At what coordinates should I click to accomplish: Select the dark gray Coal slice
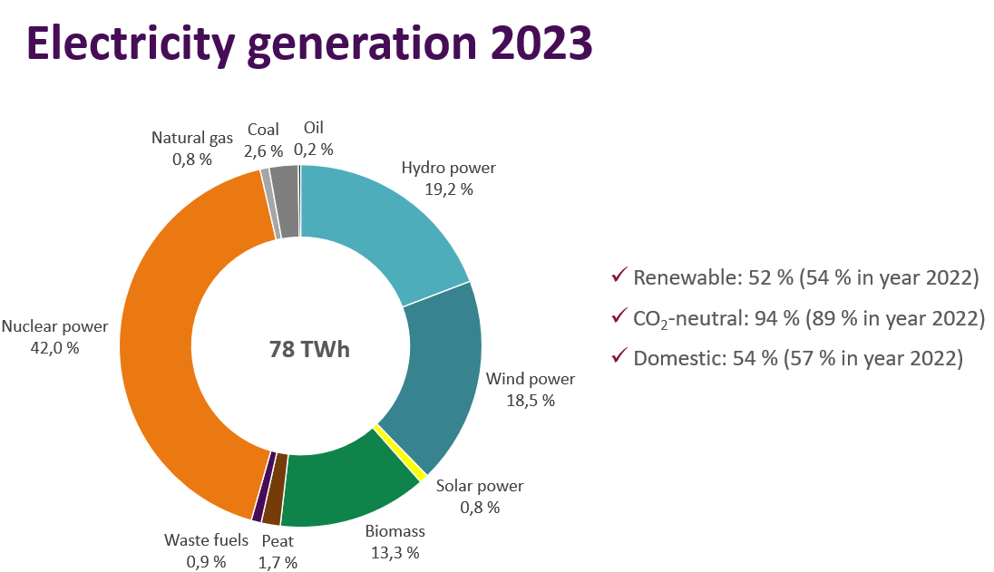[x=286, y=201]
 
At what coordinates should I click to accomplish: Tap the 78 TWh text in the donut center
[x=309, y=349]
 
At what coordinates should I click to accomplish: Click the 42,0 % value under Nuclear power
[x=54, y=347]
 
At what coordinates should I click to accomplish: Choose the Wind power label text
[x=531, y=379]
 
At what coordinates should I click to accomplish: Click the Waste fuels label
[x=206, y=540]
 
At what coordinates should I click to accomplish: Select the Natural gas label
[x=192, y=138]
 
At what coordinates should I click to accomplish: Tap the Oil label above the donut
[x=313, y=128]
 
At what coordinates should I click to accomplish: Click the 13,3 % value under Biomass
[x=395, y=552]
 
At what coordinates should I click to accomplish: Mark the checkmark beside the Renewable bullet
[x=620, y=275]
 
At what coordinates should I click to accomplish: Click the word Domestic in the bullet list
[x=673, y=357]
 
